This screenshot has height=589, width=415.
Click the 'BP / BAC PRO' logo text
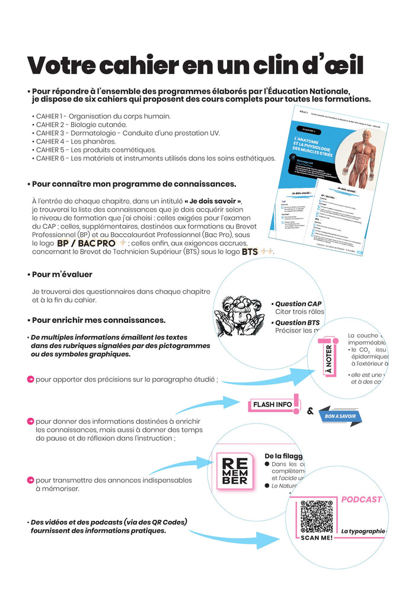click(86, 244)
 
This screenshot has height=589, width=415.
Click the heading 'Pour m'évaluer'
click(62, 274)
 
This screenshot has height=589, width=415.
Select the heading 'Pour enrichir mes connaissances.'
click(98, 320)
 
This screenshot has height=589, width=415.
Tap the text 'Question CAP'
click(298, 303)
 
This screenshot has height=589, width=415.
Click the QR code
click(317, 516)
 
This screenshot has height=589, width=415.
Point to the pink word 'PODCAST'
click(362, 500)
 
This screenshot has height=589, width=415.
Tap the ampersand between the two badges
click(310, 409)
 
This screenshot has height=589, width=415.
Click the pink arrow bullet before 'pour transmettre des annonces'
click(30, 479)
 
